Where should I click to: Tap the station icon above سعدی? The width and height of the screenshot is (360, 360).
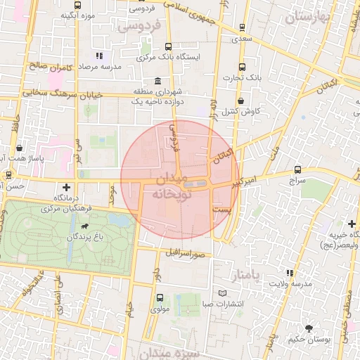tap(243, 28)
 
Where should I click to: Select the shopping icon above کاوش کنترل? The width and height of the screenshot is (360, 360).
tap(242, 101)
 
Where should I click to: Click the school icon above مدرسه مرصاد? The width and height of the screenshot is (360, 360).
tap(99, 55)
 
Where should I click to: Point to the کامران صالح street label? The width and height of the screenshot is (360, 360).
tap(52, 67)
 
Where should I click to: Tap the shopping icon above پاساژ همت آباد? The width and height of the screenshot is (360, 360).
tap(20, 148)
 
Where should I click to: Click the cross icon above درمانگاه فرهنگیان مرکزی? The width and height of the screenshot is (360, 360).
tap(66, 187)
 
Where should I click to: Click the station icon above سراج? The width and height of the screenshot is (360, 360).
tap(298, 170)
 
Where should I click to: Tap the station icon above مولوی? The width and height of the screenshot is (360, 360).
tap(160, 297)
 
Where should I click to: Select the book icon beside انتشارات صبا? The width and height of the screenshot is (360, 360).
tap(223, 293)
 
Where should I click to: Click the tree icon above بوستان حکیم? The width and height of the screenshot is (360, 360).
tap(308, 328)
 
